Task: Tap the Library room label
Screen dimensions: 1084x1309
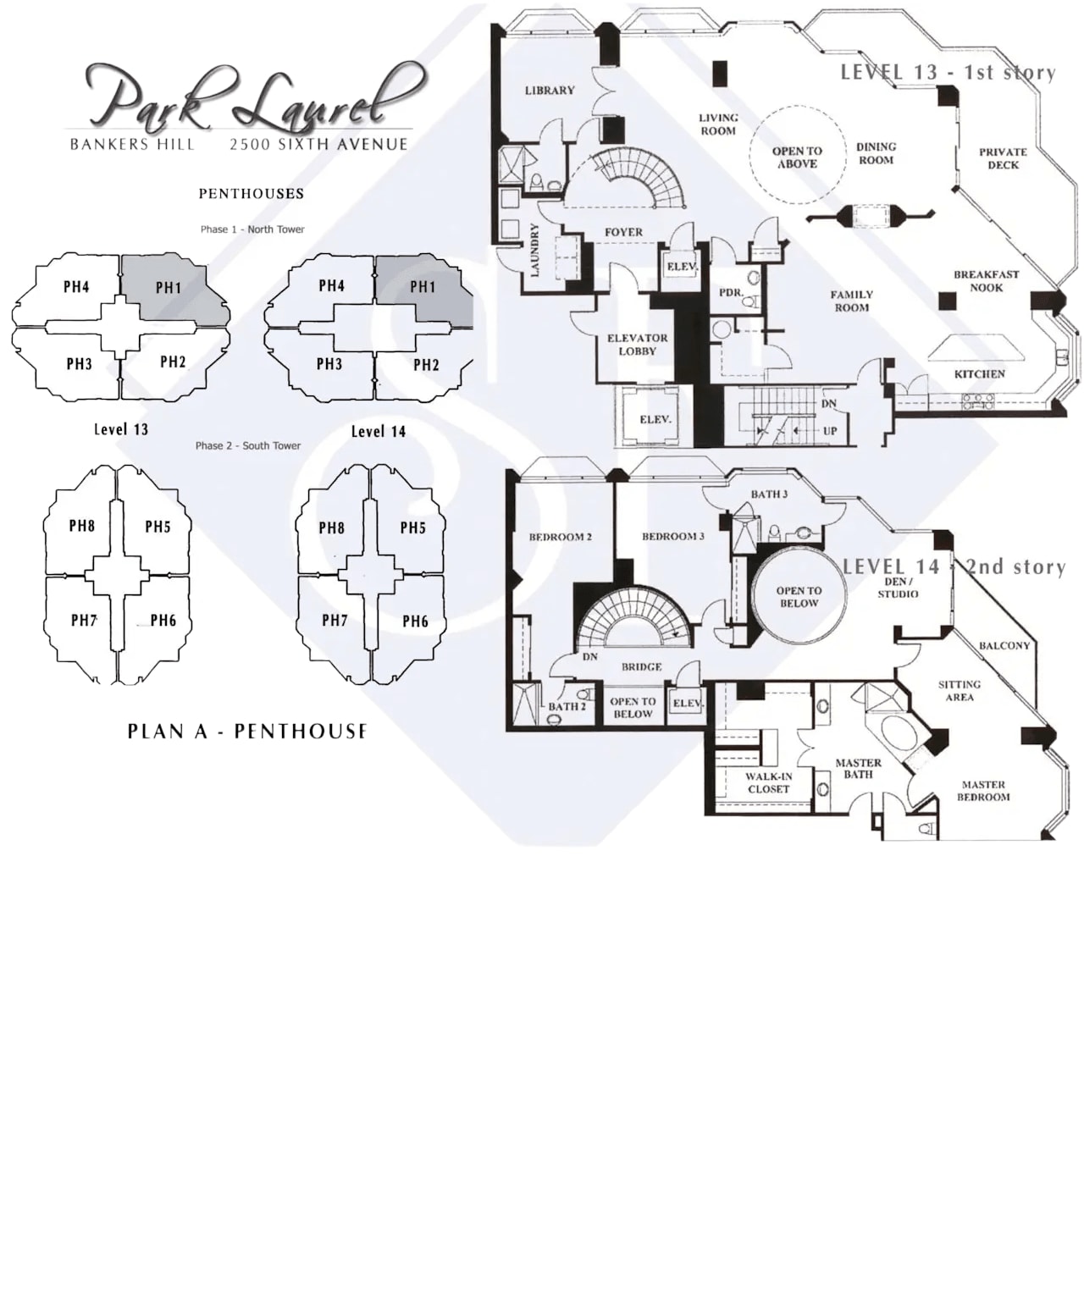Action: (x=549, y=91)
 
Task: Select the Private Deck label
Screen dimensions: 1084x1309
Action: (x=1003, y=158)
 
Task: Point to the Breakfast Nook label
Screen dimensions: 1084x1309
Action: (x=986, y=281)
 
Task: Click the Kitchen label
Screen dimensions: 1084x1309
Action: (x=979, y=373)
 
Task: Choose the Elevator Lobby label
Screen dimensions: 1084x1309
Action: (x=637, y=344)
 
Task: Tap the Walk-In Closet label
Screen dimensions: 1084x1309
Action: (x=768, y=782)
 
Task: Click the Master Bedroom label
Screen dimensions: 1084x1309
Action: (x=982, y=791)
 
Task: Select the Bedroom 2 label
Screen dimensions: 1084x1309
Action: (x=560, y=537)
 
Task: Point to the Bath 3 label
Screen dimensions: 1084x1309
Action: (x=769, y=494)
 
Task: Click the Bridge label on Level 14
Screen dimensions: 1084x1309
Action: (x=641, y=667)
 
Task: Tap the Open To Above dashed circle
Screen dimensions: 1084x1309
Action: (x=797, y=157)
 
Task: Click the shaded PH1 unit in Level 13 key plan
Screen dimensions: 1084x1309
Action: (x=169, y=288)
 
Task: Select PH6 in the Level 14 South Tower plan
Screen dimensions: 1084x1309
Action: (x=415, y=621)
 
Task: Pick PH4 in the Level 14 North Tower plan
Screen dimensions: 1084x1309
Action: (x=331, y=286)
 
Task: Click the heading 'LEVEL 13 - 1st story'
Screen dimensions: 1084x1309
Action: (x=948, y=73)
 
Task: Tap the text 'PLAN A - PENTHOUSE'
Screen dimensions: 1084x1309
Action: (x=247, y=731)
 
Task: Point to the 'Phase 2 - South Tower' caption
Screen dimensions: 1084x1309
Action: (x=247, y=445)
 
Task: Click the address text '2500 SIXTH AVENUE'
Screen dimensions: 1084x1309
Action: (x=318, y=145)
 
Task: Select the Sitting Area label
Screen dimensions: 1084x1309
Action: (x=959, y=691)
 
